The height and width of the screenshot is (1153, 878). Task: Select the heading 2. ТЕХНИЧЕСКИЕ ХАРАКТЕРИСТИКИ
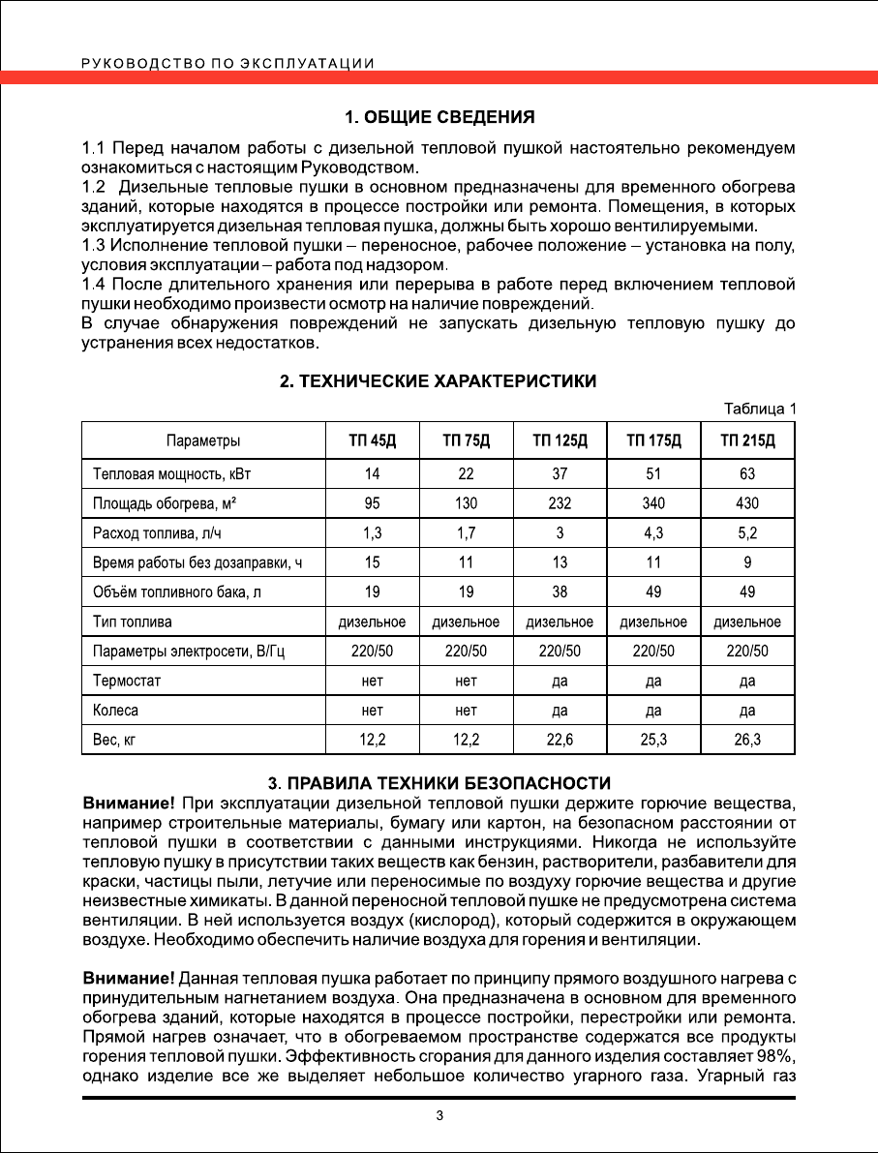pyautogui.click(x=439, y=381)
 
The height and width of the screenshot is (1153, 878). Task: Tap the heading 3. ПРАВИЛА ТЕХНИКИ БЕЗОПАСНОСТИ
pyautogui.click(x=439, y=782)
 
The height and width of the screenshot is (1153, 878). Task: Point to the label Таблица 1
pyautogui.click(x=761, y=409)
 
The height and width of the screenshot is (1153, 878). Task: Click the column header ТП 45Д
pyautogui.click(x=373, y=441)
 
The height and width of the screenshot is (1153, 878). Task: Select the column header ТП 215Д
pyautogui.click(x=747, y=441)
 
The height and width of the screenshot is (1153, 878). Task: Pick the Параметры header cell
pyautogui.click(x=203, y=441)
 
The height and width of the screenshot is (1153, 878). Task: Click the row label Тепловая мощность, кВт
pyautogui.click(x=178, y=473)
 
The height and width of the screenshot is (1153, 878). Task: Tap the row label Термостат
pyautogui.click(x=127, y=681)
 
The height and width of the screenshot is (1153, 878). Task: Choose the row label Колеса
pyautogui.click(x=116, y=711)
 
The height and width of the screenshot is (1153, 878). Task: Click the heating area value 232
pyautogui.click(x=560, y=503)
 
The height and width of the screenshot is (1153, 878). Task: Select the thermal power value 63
pyautogui.click(x=747, y=473)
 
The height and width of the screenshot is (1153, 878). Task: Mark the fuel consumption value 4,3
pyautogui.click(x=653, y=532)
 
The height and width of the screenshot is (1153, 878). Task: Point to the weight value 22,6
pyautogui.click(x=560, y=741)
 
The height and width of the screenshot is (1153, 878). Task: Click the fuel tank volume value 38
pyautogui.click(x=560, y=592)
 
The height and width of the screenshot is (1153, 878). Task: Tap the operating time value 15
pyautogui.click(x=373, y=562)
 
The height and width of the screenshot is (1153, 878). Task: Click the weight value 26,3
pyautogui.click(x=747, y=741)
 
